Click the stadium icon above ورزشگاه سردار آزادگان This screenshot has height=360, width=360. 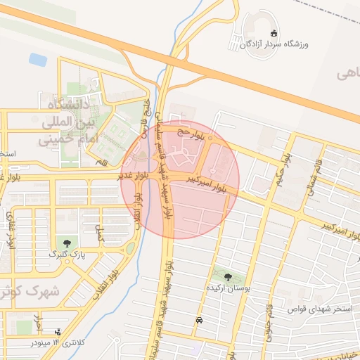coord(274,33)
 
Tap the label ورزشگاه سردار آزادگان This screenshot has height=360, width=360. coord(274,44)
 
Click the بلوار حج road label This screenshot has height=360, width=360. coord(194,131)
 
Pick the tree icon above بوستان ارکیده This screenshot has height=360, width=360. coord(228,276)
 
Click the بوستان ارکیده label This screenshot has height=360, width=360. coord(228,288)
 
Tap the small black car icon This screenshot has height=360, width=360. coord(200,320)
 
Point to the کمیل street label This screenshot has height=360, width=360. coord(99,234)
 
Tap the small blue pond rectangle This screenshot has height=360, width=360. coord(38,60)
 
